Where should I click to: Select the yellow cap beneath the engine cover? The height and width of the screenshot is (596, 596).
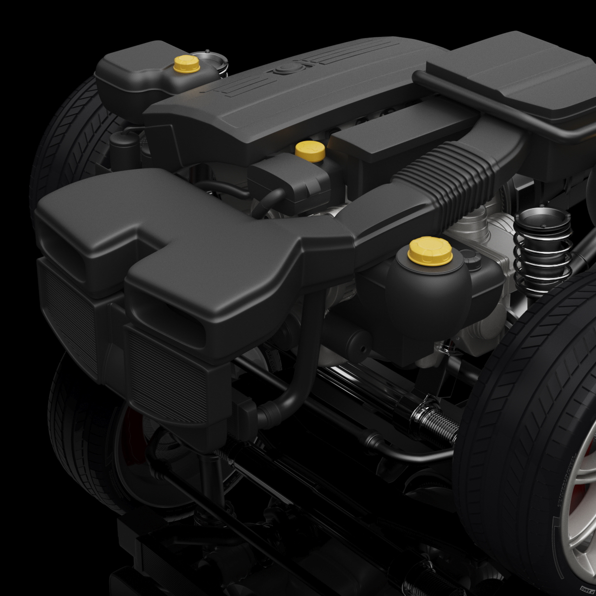point(309,149)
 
